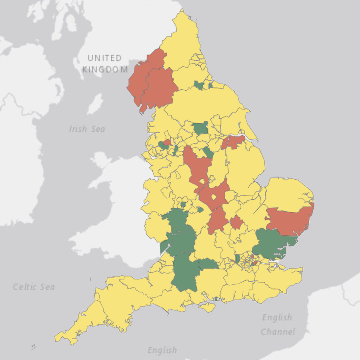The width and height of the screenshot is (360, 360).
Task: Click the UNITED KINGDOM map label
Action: [x=105, y=64]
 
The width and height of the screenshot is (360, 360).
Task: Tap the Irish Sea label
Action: [x=87, y=129]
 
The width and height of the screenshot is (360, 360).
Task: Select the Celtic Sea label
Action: [x=34, y=287]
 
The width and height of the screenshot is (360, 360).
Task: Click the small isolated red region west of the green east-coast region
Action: [x=236, y=222]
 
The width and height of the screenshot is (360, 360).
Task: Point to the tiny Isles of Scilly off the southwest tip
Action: [x=33, y=347]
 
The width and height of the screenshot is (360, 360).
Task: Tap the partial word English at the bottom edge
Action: [x=162, y=350]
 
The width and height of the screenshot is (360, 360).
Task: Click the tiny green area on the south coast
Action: [x=216, y=299]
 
